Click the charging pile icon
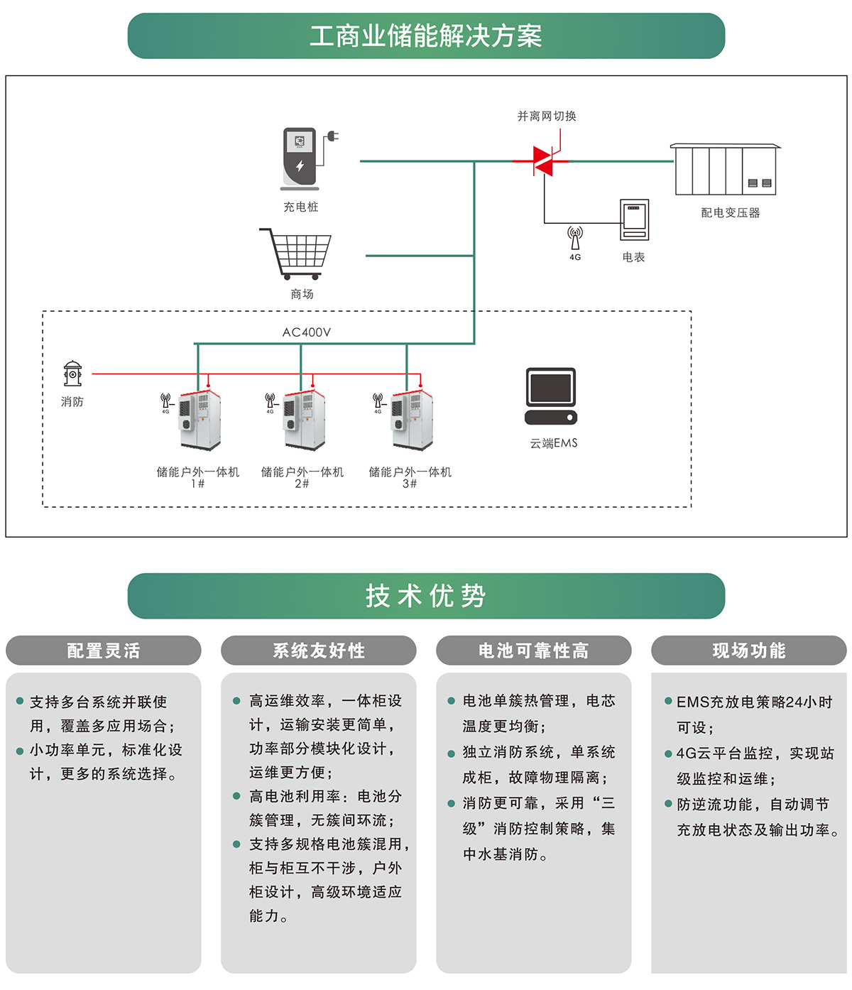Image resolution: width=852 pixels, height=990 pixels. click(x=301, y=159)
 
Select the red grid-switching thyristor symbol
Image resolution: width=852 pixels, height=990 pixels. click(x=543, y=161)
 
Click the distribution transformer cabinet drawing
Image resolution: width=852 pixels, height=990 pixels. click(x=725, y=170)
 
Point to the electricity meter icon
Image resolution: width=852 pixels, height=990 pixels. click(x=634, y=220)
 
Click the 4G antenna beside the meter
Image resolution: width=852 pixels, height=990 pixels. click(x=575, y=238)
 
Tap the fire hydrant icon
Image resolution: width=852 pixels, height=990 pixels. click(x=72, y=374)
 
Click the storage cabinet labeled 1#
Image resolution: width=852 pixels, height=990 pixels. click(x=200, y=420)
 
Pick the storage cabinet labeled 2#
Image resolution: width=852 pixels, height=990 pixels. click(x=305, y=420)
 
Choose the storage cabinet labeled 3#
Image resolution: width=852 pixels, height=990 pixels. click(x=411, y=420)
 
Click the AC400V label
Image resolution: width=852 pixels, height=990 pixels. click(x=307, y=332)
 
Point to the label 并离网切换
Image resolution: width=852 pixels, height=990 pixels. click(x=547, y=116)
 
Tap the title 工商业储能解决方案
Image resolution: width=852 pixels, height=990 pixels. click(x=426, y=36)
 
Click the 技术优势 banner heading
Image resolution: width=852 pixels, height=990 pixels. click(x=426, y=596)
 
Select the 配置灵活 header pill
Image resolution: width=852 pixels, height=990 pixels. click(x=104, y=651)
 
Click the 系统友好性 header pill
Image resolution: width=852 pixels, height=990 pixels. click(x=319, y=651)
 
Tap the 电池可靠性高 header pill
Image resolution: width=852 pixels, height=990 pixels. click(x=534, y=651)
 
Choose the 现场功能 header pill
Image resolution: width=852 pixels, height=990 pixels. click(x=749, y=651)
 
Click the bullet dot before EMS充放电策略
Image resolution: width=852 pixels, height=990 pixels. click(x=668, y=701)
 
